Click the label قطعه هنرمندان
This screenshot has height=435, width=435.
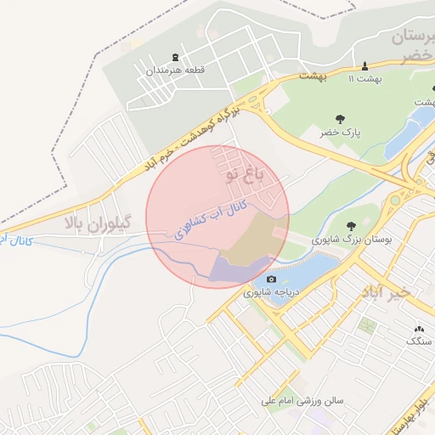point(174,71)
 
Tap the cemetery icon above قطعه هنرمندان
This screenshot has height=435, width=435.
point(175,56)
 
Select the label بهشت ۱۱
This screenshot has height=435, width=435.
point(365,78)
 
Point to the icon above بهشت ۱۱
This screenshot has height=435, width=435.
point(365,65)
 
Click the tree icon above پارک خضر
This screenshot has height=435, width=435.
point(340,120)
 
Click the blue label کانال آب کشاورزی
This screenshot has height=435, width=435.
point(212,217)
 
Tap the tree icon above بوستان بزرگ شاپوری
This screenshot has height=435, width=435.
point(350,226)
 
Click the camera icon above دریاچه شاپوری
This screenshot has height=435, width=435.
point(271,279)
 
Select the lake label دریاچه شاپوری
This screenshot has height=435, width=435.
point(273,293)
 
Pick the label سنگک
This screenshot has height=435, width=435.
point(418,341)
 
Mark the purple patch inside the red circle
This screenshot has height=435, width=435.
point(234,270)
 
